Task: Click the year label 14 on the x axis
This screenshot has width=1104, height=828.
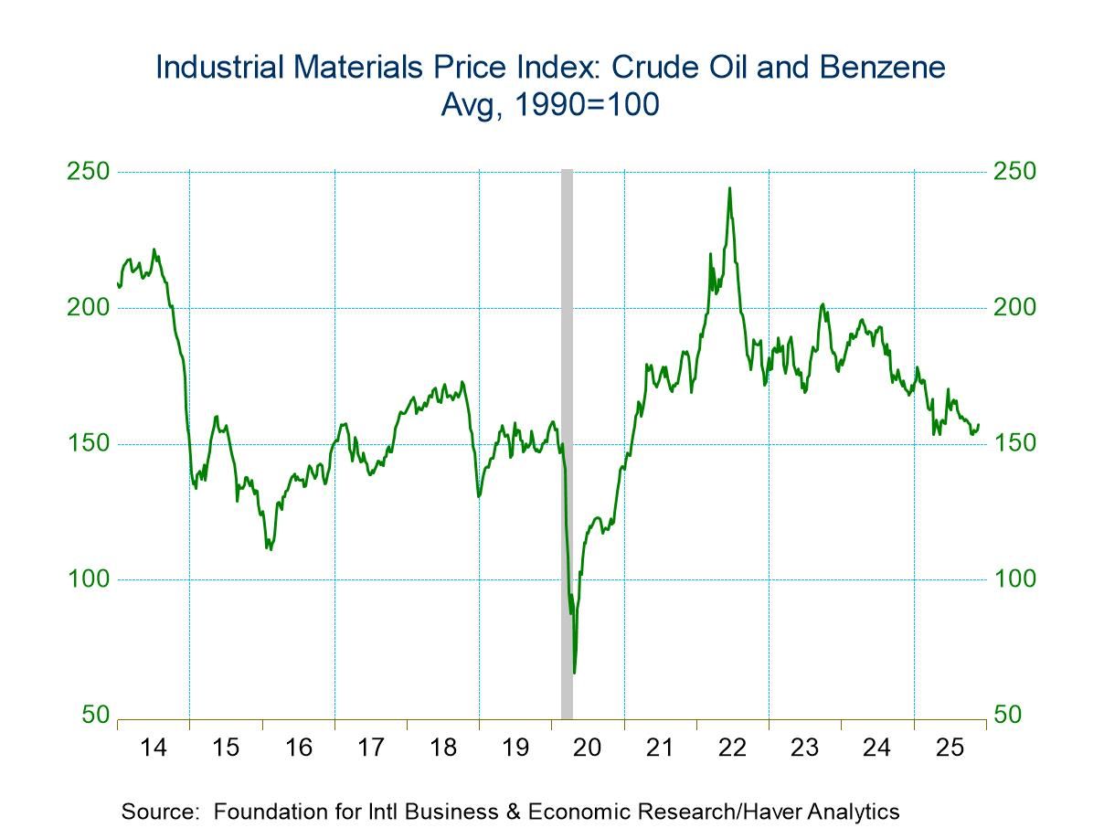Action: click(x=154, y=748)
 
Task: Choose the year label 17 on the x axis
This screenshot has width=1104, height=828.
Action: click(x=370, y=748)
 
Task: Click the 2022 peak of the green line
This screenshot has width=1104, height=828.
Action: click(x=729, y=188)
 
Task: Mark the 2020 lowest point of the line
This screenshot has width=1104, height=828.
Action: click(x=574, y=673)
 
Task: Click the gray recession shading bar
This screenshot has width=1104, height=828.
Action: click(x=567, y=439)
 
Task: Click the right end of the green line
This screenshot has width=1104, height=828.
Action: click(x=979, y=425)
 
